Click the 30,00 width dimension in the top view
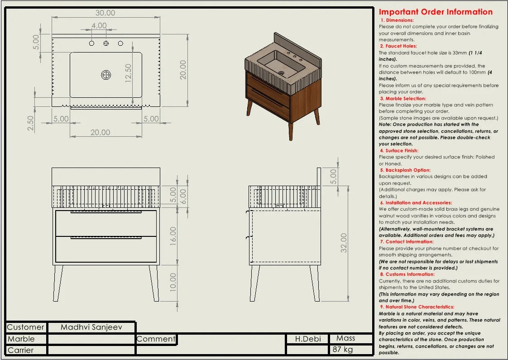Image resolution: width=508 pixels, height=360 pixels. (x=105, y=13)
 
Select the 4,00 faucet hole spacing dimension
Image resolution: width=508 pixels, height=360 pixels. (x=99, y=26)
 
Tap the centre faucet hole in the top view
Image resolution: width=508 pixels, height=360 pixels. (x=106, y=43)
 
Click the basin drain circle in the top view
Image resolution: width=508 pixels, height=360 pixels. (x=106, y=75)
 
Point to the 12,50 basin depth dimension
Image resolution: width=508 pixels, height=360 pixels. (x=128, y=73)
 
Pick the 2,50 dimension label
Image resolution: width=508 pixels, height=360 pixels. (x=31, y=123)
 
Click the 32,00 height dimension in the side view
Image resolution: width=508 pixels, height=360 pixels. (x=344, y=243)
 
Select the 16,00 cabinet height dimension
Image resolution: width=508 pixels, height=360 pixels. (x=173, y=236)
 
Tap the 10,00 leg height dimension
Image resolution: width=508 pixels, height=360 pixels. (x=173, y=282)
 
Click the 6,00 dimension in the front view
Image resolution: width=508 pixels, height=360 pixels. (x=183, y=197)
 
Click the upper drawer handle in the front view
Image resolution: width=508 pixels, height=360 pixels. (x=106, y=212)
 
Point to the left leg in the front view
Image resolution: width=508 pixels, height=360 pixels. (x=58, y=283)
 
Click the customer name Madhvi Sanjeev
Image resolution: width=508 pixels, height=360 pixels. (x=91, y=327)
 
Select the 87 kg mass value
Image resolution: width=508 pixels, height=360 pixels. (x=342, y=350)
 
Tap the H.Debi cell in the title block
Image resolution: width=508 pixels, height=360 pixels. (x=308, y=339)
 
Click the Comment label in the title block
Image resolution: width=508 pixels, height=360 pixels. (x=156, y=339)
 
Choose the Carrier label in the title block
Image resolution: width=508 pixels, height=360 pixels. (x=20, y=350)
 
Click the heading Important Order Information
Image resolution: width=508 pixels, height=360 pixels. (x=436, y=12)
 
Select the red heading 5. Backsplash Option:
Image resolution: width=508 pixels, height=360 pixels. (x=405, y=170)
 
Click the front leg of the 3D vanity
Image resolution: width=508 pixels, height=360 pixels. (x=291, y=131)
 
